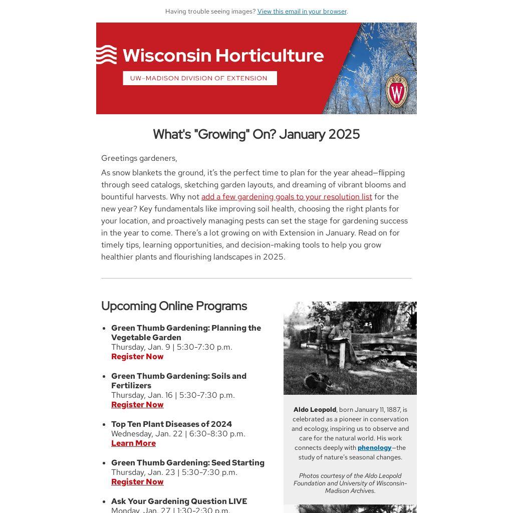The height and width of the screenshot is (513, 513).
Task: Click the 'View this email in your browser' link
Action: (302, 12)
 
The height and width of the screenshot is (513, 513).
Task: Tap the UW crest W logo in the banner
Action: (397, 91)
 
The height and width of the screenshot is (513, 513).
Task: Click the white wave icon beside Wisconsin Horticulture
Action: (106, 55)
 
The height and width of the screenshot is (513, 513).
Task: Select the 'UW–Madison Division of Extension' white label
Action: (199, 78)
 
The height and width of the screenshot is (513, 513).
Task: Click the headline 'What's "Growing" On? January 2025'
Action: (256, 134)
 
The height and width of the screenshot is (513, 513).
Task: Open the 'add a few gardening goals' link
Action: (287, 197)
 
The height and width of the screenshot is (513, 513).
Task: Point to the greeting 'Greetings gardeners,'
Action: (139, 158)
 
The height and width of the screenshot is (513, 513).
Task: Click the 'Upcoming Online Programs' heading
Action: (174, 306)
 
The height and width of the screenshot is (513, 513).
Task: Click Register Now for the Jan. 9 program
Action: (137, 357)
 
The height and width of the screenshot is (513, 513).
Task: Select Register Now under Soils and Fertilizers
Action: (137, 405)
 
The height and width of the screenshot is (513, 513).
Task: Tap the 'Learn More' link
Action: (133, 443)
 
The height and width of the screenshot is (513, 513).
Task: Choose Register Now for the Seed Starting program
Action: (137, 482)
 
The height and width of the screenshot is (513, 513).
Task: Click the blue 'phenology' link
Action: (374, 448)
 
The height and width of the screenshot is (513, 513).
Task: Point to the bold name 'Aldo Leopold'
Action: (315, 410)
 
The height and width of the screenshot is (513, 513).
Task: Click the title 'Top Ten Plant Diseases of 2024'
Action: (171, 424)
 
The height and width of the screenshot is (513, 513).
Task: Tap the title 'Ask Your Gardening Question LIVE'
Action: (179, 501)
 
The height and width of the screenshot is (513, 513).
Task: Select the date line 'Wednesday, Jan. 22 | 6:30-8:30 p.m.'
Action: (178, 434)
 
